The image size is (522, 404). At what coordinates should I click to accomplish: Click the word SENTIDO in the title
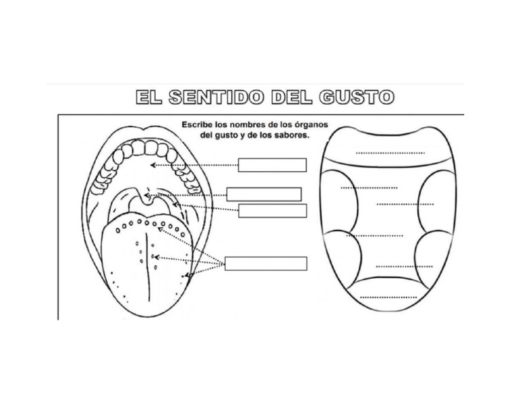tap(216, 97)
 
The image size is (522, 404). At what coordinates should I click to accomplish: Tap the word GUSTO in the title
tap(356, 97)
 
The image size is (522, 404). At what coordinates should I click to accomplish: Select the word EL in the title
tap(149, 97)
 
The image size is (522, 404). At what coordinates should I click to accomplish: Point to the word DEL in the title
tap(292, 97)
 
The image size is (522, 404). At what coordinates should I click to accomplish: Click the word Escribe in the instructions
tap(196, 124)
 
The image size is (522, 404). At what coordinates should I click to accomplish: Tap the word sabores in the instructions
tap(292, 135)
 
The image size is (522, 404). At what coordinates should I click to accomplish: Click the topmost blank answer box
tap(272, 165)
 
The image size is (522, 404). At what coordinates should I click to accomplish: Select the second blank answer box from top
tap(264, 194)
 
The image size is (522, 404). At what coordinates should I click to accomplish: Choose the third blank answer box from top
tap(273, 211)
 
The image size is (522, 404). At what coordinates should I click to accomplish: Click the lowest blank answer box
tap(266, 264)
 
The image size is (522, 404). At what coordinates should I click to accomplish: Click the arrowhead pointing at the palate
tap(153, 165)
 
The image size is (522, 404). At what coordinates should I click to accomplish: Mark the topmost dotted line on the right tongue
tap(390, 153)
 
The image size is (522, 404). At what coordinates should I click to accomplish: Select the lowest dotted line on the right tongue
tap(389, 297)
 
